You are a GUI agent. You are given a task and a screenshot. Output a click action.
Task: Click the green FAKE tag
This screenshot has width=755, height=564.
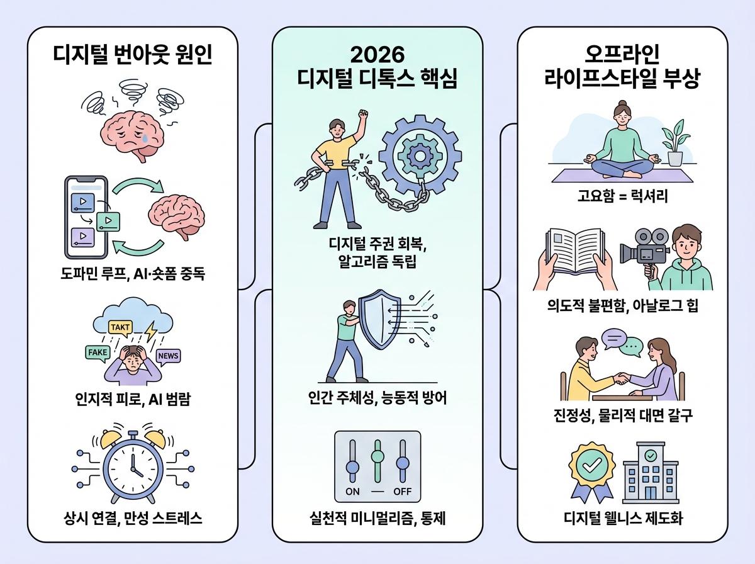point(98,352)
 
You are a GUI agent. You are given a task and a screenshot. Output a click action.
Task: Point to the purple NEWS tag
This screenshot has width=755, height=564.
point(168,356)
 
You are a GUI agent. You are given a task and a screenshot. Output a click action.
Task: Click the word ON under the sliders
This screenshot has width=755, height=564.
point(353,491)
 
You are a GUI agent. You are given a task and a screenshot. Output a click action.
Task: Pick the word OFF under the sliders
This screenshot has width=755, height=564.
point(401,491)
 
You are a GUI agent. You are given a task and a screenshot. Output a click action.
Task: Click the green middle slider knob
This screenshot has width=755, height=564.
point(377,455)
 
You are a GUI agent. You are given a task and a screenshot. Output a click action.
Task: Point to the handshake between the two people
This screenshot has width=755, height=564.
point(622,378)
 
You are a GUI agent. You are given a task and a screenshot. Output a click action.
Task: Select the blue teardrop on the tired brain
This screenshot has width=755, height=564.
point(146,137)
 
